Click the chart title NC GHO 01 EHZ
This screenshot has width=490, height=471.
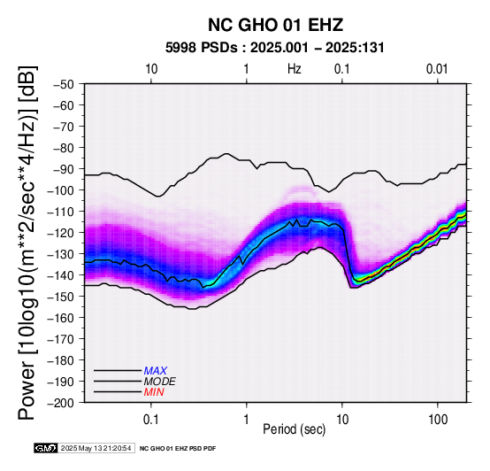(x=276, y=25)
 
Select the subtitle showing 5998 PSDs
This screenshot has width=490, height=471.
(x=275, y=48)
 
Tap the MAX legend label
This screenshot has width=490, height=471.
(x=156, y=371)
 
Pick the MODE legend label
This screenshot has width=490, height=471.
(x=160, y=382)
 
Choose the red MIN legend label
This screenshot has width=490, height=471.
(x=154, y=392)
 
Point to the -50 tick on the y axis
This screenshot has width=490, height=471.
(x=64, y=84)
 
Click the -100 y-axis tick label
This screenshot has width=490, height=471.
(x=61, y=190)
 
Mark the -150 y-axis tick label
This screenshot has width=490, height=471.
(x=61, y=297)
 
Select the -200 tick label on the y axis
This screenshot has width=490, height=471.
(x=61, y=403)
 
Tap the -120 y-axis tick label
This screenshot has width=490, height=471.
(x=61, y=233)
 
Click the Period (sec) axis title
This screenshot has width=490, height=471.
(x=294, y=429)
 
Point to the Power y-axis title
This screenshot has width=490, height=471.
(x=27, y=243)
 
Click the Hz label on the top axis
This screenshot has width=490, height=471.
(x=295, y=69)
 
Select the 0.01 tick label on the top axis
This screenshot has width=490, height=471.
(x=437, y=69)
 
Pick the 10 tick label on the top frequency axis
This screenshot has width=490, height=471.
(x=151, y=69)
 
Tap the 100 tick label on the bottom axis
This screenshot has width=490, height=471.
(x=438, y=420)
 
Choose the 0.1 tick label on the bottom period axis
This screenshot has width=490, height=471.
(x=151, y=420)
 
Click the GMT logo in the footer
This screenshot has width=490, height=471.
(x=46, y=448)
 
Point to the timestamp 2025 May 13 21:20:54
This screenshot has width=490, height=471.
(x=96, y=448)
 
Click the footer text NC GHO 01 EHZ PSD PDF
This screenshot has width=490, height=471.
(x=178, y=449)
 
